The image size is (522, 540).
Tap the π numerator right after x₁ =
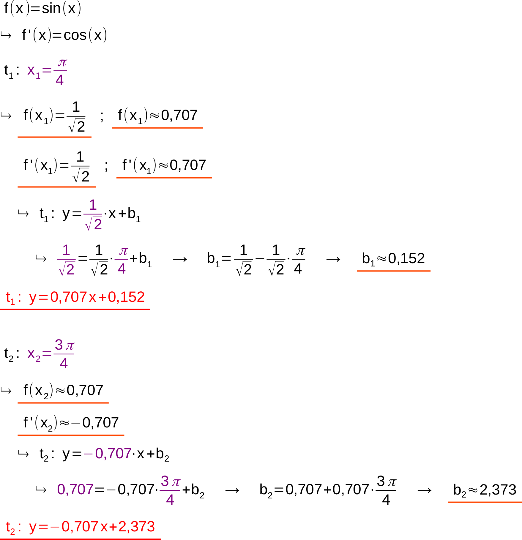click(62, 63)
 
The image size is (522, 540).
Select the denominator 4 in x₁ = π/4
click(60, 80)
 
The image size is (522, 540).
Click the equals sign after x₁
click(47, 70)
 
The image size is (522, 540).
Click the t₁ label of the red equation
click(10, 298)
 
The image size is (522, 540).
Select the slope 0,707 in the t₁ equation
click(68, 297)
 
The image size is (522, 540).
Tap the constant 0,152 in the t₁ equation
click(126, 297)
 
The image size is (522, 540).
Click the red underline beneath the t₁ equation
click(75, 309)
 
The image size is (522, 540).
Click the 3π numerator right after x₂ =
click(64, 345)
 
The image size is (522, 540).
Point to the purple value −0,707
click(108, 454)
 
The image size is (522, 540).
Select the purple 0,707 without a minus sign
click(75, 490)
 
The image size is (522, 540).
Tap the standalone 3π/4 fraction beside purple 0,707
click(170, 490)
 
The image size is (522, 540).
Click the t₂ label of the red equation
click(10, 527)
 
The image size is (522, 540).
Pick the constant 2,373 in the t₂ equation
click(137, 527)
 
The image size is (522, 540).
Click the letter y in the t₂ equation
click(33, 527)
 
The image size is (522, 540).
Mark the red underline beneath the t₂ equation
click(80, 539)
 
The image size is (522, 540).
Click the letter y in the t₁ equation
click(33, 298)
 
